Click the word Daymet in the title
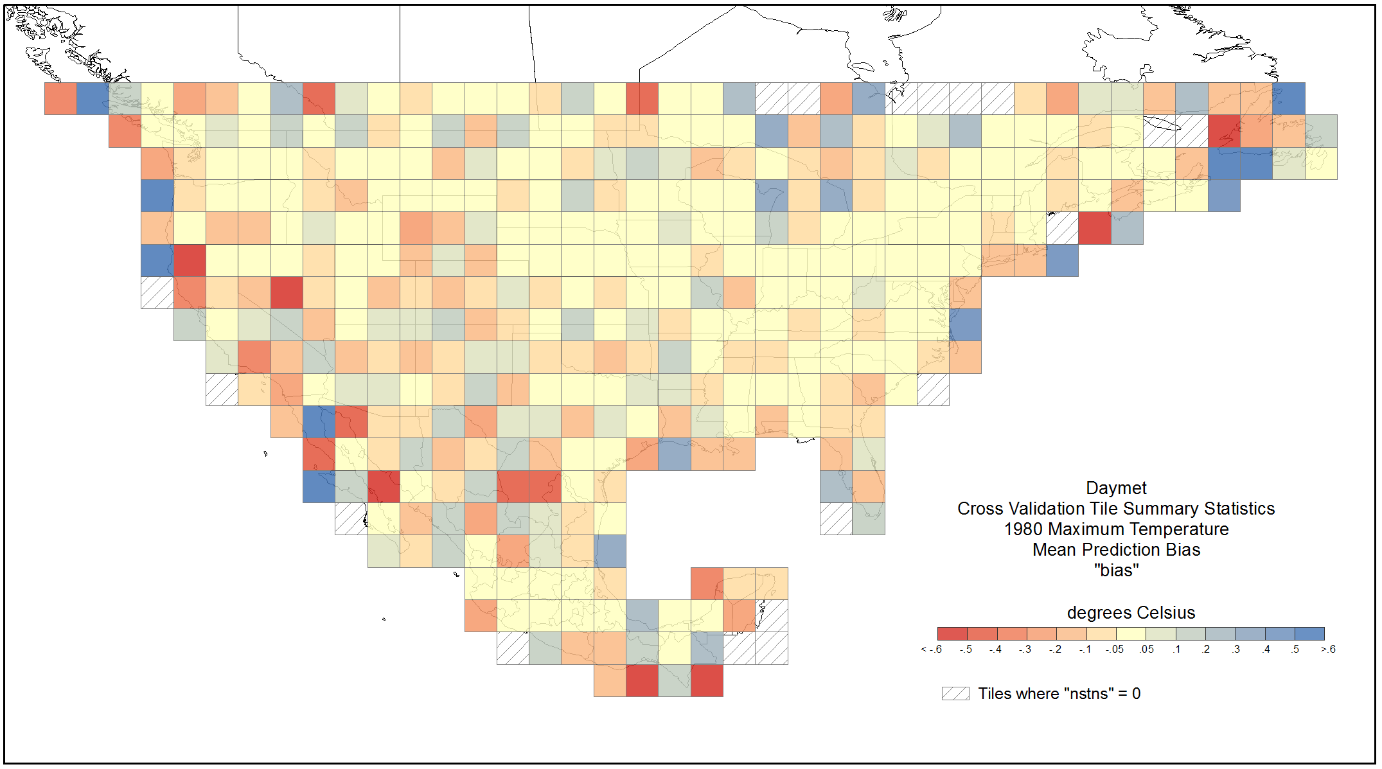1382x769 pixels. pyautogui.click(x=1116, y=488)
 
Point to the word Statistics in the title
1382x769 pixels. pyautogui.click(x=1239, y=509)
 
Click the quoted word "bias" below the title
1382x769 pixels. pyautogui.click(x=1117, y=570)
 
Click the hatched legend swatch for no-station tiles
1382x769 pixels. pyautogui.click(x=955, y=694)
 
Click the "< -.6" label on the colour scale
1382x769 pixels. pyautogui.click(x=931, y=650)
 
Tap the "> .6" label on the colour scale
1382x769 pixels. pyautogui.click(x=1328, y=650)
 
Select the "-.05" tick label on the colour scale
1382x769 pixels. pyautogui.click(x=1115, y=650)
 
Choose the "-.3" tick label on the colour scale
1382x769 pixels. pyautogui.click(x=1025, y=650)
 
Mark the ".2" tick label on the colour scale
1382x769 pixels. pyautogui.click(x=1205, y=650)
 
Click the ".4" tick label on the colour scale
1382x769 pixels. pyautogui.click(x=1265, y=650)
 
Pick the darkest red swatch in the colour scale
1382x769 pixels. pyautogui.click(x=952, y=633)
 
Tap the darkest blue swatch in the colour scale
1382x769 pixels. pyautogui.click(x=1309, y=633)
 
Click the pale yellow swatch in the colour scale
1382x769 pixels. pyautogui.click(x=1131, y=633)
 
